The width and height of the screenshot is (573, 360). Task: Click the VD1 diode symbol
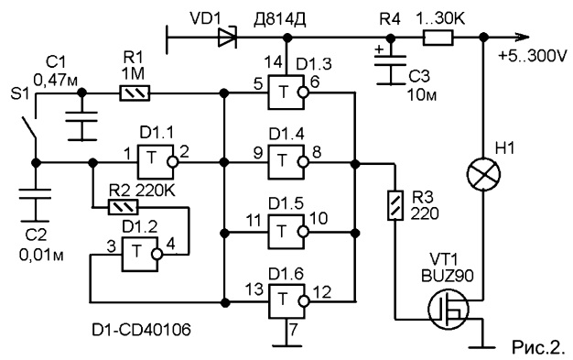pos(227,38)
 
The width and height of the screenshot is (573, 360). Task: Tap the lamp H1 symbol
pos(483,174)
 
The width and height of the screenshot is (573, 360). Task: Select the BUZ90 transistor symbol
pos(448,309)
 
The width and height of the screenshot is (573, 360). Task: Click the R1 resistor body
pos(135,93)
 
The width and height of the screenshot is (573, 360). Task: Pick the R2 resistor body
pos(123,207)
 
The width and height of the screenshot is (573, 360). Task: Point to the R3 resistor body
pos(395,205)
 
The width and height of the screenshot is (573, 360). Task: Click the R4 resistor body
pos(438,38)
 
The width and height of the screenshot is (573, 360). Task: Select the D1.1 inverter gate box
pos(155,161)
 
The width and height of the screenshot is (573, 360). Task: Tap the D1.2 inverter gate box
pos(140,254)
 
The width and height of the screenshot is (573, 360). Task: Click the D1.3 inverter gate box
pos(286,93)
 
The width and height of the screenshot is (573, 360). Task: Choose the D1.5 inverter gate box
pos(286,232)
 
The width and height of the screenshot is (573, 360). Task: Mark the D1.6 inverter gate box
pos(286,301)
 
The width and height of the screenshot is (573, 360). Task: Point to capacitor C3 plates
pos(391,60)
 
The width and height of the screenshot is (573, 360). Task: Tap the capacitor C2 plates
pos(36,194)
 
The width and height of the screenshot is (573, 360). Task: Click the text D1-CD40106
pos(141,331)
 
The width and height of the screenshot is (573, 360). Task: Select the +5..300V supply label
pos(532,57)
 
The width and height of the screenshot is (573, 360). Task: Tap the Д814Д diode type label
pos(280,20)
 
